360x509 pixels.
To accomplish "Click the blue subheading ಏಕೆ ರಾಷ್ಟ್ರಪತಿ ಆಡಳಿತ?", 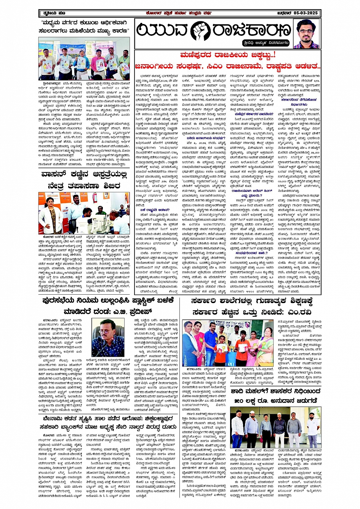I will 151,210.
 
